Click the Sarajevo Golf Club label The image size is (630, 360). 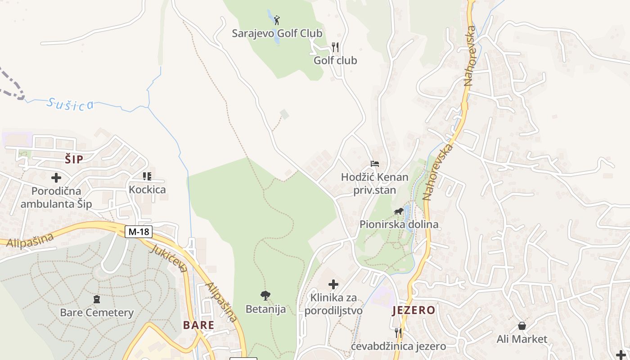point(277,33)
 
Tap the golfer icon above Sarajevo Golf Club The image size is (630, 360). point(277,20)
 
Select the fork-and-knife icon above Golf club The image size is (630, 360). point(335,47)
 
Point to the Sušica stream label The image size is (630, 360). point(71,104)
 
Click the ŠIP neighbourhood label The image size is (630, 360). point(74,158)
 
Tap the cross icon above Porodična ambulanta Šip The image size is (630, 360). point(56,178)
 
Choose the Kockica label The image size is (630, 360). point(147,189)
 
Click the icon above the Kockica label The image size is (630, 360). point(147,176)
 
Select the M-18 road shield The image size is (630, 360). point(139,232)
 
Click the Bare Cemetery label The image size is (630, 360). point(97,312)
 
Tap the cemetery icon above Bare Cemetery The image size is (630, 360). point(96,299)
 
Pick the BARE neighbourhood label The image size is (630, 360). point(198,325)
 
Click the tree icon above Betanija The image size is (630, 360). point(265,296)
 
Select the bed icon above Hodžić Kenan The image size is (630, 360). point(375,164)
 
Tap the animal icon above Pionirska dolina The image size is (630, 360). point(399,211)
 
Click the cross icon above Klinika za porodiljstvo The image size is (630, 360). point(333,284)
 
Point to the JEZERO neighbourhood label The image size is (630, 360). point(414,310)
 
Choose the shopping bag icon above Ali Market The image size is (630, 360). point(522,325)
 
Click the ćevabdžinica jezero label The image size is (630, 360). point(398,346)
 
